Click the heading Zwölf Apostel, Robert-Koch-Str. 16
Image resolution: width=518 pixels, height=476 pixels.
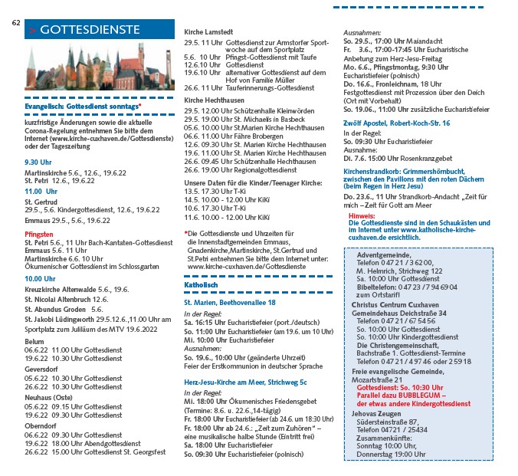[x=397, y=123]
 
